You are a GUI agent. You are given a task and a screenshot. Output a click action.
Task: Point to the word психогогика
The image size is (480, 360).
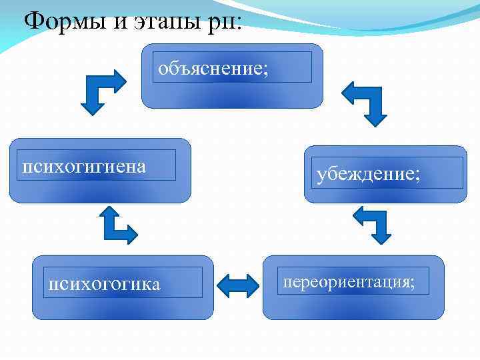click(x=104, y=285)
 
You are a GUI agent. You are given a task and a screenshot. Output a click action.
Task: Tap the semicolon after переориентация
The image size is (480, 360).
click(x=411, y=283)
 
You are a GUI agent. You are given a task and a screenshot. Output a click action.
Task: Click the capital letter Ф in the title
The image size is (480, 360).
click(x=33, y=21)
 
